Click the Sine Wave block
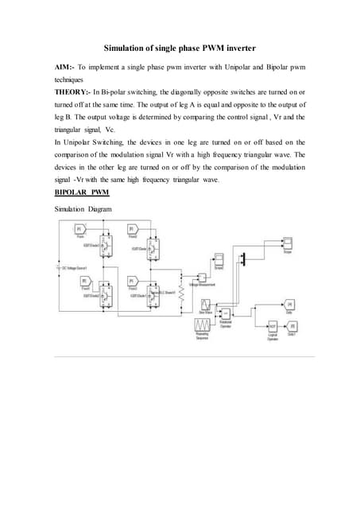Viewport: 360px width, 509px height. click(205, 305)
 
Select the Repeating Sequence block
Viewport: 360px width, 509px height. click(201, 326)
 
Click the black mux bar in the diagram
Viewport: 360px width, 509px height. click(244, 259)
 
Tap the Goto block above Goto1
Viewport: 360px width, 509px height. click(290, 305)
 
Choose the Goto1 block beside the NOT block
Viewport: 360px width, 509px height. click(292, 326)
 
